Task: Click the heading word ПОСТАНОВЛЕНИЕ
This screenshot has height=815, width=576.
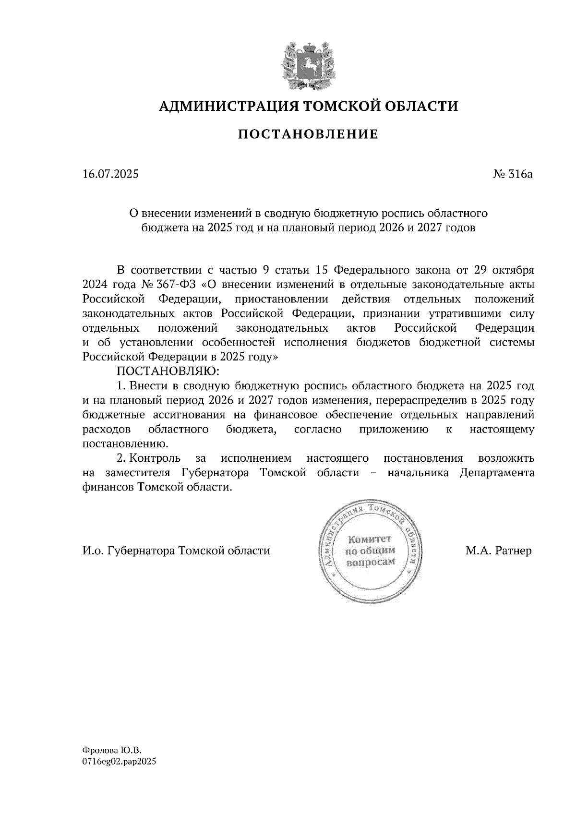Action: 308,134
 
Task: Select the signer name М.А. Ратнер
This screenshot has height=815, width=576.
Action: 498,551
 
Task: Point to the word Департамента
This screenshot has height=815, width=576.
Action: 497,473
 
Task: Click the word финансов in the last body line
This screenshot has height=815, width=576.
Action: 108,488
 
